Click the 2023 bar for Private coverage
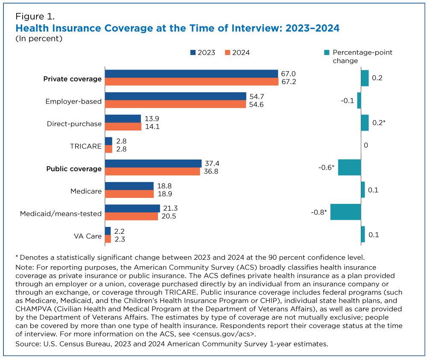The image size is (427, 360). (191, 74)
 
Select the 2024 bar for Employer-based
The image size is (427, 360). (175, 105)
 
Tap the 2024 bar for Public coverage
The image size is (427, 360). (152, 171)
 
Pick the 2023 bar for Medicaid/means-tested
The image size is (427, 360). (132, 209)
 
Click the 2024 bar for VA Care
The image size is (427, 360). (108, 239)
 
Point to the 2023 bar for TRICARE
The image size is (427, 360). (108, 141)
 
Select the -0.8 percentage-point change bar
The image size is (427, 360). (345, 212)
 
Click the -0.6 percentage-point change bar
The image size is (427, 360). (349, 167)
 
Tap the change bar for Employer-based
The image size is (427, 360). (359, 101)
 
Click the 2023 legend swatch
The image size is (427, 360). (193, 52)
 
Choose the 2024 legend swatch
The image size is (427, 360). (228, 52)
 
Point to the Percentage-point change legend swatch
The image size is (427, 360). (327, 52)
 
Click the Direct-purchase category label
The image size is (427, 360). (74, 124)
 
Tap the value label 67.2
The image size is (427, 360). (288, 82)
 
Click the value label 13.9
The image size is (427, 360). (151, 118)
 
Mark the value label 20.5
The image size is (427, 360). (169, 216)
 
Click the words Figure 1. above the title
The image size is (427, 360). (35, 17)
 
